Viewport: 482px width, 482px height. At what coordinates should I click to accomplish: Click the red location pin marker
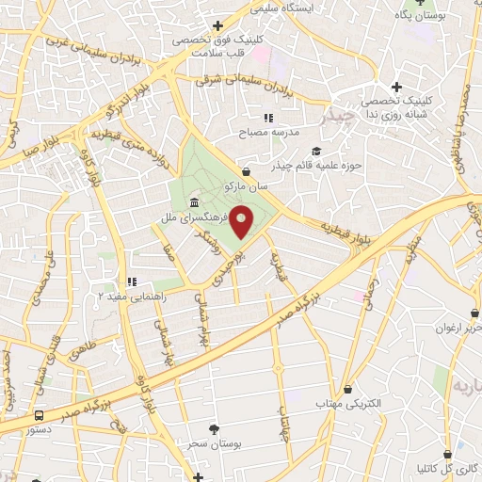tap(242, 221)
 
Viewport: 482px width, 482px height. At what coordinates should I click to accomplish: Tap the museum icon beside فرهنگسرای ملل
tap(194, 203)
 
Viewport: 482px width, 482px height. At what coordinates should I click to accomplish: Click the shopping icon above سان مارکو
tap(247, 172)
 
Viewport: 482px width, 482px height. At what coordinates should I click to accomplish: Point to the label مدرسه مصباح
tap(270, 133)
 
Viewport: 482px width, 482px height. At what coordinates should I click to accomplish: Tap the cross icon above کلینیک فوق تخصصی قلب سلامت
tap(217, 25)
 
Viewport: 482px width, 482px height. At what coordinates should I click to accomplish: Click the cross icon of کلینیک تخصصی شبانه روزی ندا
tap(398, 88)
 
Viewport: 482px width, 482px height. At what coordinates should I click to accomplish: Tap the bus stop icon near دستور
tap(39, 414)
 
